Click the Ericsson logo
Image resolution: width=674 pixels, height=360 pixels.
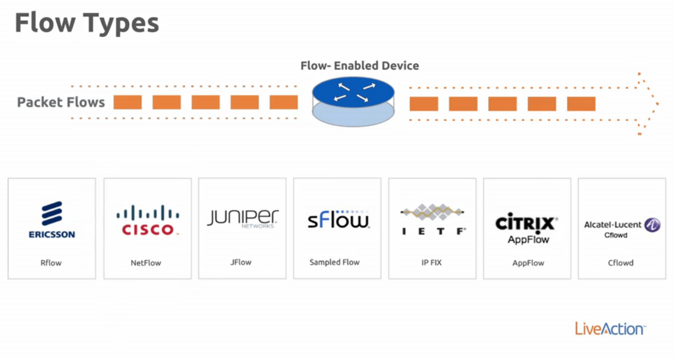pos(52,220)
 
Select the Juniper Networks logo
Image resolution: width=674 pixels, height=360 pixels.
pos(242,218)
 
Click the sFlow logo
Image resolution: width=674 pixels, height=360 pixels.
pos(338,219)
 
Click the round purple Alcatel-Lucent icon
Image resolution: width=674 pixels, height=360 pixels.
pos(652,225)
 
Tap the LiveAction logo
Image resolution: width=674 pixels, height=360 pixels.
pos(610,329)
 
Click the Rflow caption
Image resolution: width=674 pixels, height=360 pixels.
pos(51,263)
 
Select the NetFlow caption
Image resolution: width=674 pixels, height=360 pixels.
pos(146,263)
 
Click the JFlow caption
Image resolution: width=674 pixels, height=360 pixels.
pos(241,262)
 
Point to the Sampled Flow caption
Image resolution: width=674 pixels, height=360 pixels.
pos(334,262)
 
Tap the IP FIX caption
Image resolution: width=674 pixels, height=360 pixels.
pos(431,263)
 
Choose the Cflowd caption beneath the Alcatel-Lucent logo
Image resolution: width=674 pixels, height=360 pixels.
pos(621,263)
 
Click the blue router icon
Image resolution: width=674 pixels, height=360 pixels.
pos(353,101)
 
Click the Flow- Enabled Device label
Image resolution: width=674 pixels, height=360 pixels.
pos(359,66)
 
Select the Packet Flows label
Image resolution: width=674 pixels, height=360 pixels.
pos(61,102)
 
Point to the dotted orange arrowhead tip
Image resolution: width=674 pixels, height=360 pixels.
pos(657,104)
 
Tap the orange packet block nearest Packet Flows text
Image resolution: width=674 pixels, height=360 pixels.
pos(127,102)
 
